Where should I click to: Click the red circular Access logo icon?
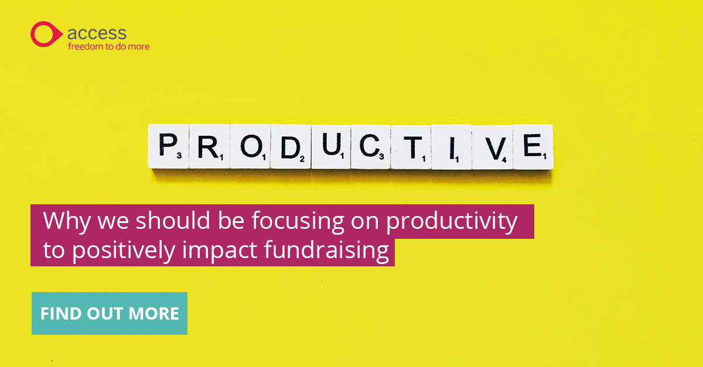click(45, 34)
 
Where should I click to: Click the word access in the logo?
click(97, 33)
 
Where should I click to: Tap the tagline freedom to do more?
click(108, 46)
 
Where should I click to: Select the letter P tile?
click(169, 146)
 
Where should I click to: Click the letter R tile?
click(209, 146)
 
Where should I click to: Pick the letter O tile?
click(250, 146)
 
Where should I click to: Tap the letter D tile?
click(291, 146)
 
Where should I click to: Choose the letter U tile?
click(331, 146)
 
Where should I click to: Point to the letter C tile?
click(371, 146)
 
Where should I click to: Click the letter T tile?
click(411, 146)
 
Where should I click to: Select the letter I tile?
click(452, 146)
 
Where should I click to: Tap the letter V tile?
click(493, 146)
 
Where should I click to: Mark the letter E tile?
click(533, 146)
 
